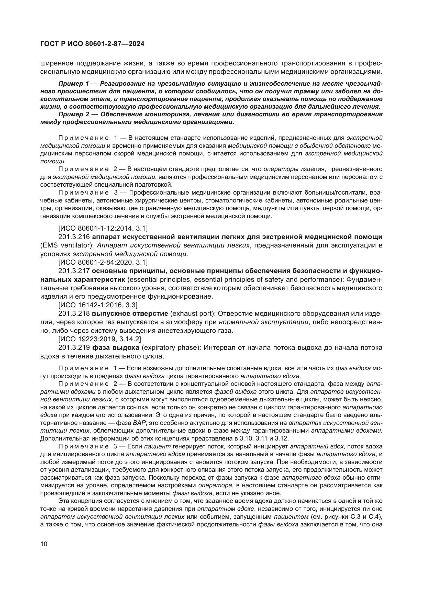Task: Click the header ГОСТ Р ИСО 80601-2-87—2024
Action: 92,44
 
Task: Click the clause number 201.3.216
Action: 74,237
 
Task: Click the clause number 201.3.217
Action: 74,271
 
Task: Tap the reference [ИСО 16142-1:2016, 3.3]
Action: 98,305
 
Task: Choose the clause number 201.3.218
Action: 74,313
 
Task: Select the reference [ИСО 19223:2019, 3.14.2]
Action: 100,339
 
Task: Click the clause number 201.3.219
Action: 74,347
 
